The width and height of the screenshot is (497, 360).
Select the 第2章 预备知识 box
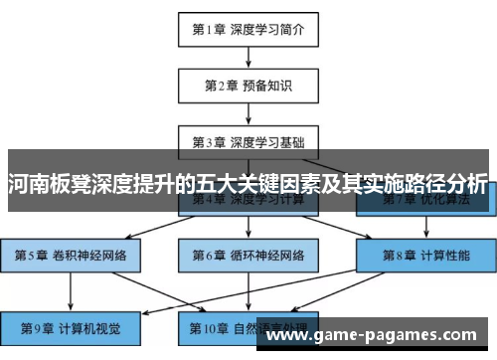pyautogui.click(x=248, y=85)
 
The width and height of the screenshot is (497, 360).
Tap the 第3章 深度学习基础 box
pyautogui.click(x=248, y=140)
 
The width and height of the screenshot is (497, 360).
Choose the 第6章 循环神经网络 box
pyautogui.click(x=248, y=256)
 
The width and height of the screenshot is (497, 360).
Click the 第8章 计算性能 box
pyautogui.click(x=425, y=256)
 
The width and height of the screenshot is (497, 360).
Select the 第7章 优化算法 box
pyautogui.click(x=425, y=199)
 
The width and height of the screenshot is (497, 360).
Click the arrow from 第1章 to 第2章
pyautogui.click(x=248, y=56)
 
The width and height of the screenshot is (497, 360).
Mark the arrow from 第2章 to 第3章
pyautogui.click(x=248, y=111)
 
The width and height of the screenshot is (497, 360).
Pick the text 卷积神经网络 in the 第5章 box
pyautogui.click(x=88, y=256)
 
